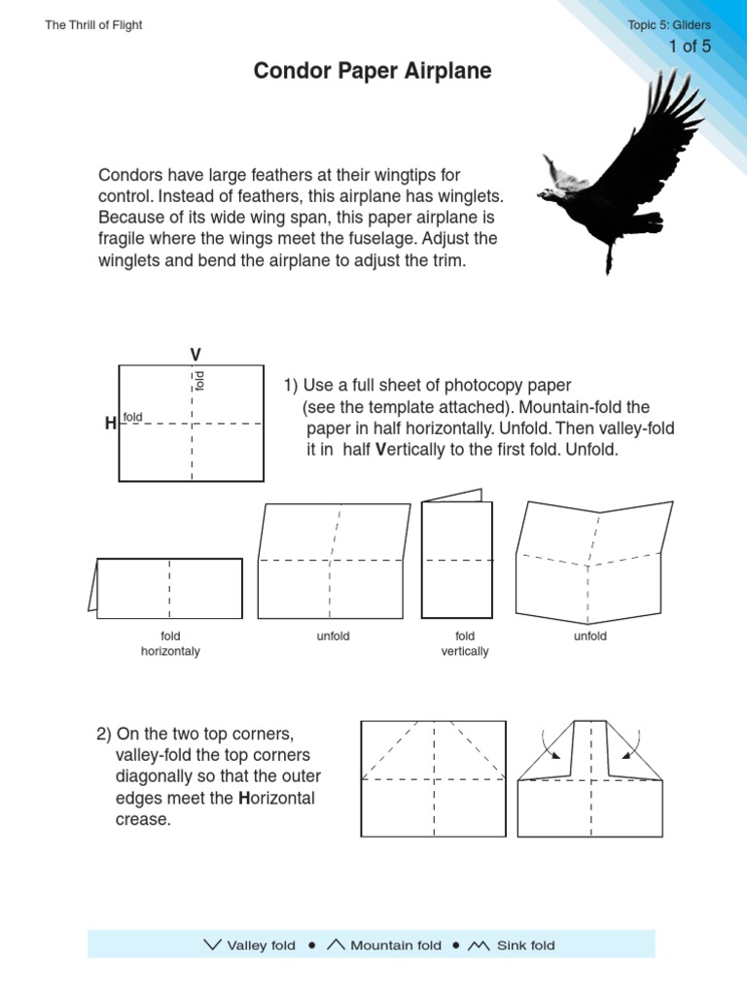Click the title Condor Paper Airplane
(373, 72)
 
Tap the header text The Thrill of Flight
(93, 25)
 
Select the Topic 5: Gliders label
(670, 25)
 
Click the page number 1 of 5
(690, 46)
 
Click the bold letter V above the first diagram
(195, 354)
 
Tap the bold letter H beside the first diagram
(110, 424)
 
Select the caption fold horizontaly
(170, 643)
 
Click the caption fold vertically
(465, 643)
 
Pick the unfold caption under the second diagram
(333, 636)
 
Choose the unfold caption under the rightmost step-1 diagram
(590, 636)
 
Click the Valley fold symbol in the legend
(213, 944)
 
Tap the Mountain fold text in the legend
(395, 945)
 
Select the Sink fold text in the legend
(525, 945)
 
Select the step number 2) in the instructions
(105, 733)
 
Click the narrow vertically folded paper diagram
(457, 558)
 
